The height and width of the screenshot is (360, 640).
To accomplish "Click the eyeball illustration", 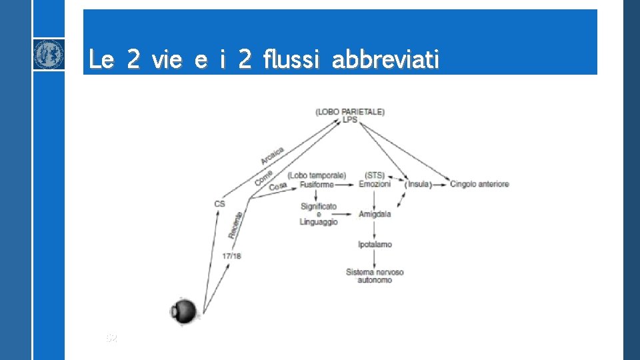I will [x=184, y=311].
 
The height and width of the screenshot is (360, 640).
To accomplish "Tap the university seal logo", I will [x=49, y=54].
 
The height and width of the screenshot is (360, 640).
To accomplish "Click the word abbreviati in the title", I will [x=385, y=60].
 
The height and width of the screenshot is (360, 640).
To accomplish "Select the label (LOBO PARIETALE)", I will [x=350, y=111].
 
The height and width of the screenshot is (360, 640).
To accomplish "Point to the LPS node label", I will [x=350, y=120].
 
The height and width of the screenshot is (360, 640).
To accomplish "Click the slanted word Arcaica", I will [x=273, y=156].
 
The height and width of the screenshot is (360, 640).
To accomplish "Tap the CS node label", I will [x=220, y=204].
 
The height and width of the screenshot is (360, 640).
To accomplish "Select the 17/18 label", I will [x=231, y=256].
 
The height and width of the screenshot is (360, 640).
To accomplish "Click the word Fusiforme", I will [x=317, y=184].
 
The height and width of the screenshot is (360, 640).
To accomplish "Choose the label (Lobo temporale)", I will [x=317, y=175].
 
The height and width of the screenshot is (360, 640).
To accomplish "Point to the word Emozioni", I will [x=374, y=184].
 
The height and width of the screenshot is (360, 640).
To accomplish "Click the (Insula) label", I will [x=419, y=184].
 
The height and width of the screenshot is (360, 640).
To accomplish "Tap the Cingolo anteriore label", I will [x=479, y=184].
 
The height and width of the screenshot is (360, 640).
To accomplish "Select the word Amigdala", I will [x=374, y=214].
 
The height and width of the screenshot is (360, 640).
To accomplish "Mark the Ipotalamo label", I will [x=374, y=244].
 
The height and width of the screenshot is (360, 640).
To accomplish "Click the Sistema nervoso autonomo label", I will [x=374, y=276].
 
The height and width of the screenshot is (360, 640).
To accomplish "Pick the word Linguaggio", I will [x=319, y=222].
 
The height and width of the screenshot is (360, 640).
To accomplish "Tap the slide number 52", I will [x=111, y=339].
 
